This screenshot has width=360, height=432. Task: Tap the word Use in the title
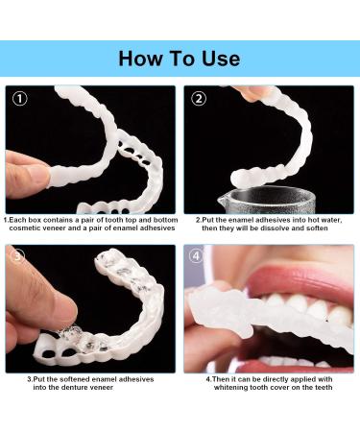219,59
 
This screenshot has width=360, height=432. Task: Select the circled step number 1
20,99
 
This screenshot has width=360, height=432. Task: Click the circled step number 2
199,99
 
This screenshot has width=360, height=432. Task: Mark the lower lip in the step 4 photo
307,362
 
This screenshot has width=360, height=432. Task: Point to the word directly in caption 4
263,378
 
